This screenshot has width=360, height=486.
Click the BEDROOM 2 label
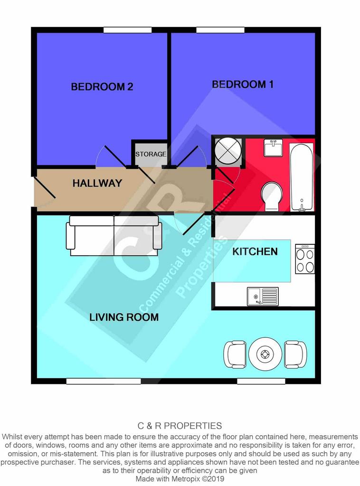(x=102, y=86)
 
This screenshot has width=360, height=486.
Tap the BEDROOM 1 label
(x=243, y=84)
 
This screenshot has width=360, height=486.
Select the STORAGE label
(x=151, y=154)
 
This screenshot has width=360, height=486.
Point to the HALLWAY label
(x=97, y=183)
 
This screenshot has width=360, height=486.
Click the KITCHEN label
(x=255, y=252)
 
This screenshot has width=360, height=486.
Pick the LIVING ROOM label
(x=124, y=317)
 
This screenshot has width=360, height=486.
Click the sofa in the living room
(x=114, y=235)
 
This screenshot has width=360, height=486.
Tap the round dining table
(x=265, y=354)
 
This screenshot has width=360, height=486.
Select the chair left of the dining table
(x=235, y=354)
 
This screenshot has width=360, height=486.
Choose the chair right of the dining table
(x=295, y=354)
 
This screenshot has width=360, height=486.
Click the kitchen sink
(x=263, y=297)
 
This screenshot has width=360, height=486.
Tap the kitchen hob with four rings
(x=305, y=259)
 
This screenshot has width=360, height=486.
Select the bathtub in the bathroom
(x=302, y=177)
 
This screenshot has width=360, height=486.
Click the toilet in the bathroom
(x=272, y=196)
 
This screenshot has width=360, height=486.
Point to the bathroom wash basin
(x=273, y=148)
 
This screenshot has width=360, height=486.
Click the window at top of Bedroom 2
(x=127, y=30)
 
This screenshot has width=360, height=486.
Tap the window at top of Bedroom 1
(x=220, y=30)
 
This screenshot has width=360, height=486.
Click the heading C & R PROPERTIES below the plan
(x=180, y=426)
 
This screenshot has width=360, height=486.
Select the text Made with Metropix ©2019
(x=180, y=478)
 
